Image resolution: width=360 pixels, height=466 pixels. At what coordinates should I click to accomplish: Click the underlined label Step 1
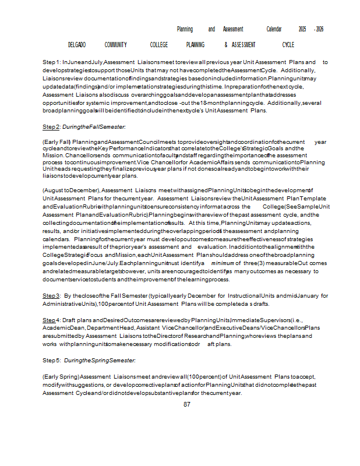tap(51, 62)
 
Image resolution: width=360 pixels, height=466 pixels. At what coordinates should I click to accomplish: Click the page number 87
tap(187, 404)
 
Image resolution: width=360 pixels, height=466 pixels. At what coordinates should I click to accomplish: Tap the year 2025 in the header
tap(302, 29)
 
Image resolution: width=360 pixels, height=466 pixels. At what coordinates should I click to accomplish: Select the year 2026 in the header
tap(319, 29)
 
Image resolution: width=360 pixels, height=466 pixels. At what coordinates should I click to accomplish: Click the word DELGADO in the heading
tap(77, 45)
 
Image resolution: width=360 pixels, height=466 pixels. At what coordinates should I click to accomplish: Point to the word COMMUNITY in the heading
tap(116, 45)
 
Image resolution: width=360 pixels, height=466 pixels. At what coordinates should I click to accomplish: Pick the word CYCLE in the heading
tap(288, 45)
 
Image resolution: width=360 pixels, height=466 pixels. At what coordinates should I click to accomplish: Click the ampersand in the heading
tap(225, 45)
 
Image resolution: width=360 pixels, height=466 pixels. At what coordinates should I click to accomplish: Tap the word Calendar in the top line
tap(273, 29)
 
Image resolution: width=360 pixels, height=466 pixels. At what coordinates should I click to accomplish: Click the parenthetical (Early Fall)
tap(57, 142)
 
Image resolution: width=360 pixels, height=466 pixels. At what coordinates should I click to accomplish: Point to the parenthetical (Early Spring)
tap(61, 376)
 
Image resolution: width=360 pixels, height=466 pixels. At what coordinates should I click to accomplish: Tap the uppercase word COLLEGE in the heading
tap(158, 45)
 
